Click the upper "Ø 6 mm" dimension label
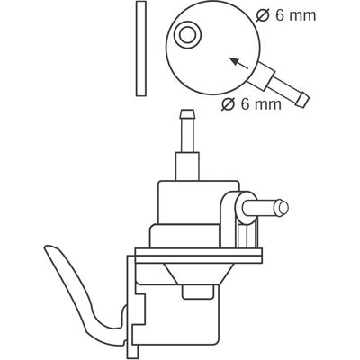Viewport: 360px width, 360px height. click(286, 15)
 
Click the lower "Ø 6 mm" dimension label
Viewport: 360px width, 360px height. click(252, 104)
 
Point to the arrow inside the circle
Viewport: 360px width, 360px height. click(238, 63)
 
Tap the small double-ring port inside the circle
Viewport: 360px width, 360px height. click(188, 35)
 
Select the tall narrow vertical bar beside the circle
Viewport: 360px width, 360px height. click(141, 49)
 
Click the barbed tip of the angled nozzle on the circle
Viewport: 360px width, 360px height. click(302, 100)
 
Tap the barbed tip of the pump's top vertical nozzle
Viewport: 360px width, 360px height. click(187, 114)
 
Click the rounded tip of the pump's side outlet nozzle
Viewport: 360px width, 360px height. click(283, 208)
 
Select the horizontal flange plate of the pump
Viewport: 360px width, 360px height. click(199, 256)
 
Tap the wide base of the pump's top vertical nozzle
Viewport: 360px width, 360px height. click(187, 166)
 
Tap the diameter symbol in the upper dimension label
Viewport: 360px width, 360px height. click(263, 15)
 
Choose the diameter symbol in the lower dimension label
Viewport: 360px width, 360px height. click(229, 104)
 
